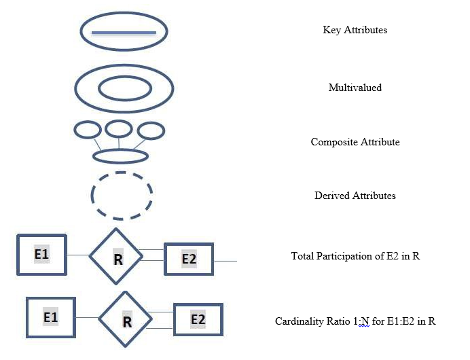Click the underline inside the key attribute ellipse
coord(124,33)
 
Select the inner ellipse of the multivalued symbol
coord(125,88)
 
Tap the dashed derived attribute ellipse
coord(122,196)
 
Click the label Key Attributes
coord(355,30)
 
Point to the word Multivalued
coord(355,88)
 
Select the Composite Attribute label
coord(355,142)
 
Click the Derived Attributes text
coord(355,196)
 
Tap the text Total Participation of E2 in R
coord(355,256)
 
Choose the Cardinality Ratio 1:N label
coord(355,321)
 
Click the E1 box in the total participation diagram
coord(41,254)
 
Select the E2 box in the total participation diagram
coord(189,259)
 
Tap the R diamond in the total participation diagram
coord(117,257)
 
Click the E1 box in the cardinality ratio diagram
coord(51,317)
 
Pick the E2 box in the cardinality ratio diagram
coord(198,319)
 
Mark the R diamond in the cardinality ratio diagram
coord(126,319)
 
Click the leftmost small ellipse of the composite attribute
coord(87,130)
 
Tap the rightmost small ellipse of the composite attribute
coord(150,130)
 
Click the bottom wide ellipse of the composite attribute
coord(120,156)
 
